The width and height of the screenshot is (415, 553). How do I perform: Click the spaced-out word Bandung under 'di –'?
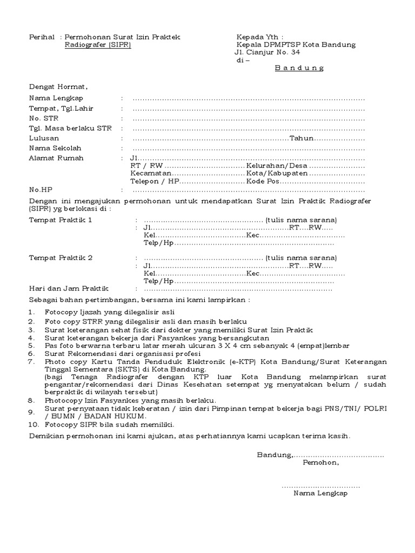299,68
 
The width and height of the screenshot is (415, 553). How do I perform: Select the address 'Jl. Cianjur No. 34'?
267,52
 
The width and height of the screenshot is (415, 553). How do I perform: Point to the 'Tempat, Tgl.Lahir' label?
61,109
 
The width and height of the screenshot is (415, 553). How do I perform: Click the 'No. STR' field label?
43,118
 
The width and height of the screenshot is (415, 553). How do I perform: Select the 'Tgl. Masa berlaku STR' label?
70,129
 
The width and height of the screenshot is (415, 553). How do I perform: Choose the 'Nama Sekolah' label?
55,148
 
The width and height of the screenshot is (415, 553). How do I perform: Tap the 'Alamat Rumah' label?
56,158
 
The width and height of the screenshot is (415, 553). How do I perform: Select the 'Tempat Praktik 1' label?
61,220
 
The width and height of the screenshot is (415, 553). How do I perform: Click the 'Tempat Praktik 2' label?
61,258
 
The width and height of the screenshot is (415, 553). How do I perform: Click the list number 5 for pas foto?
32,346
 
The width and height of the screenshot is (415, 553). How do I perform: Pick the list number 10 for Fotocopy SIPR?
34,424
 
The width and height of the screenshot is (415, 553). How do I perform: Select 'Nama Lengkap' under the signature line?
320,493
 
